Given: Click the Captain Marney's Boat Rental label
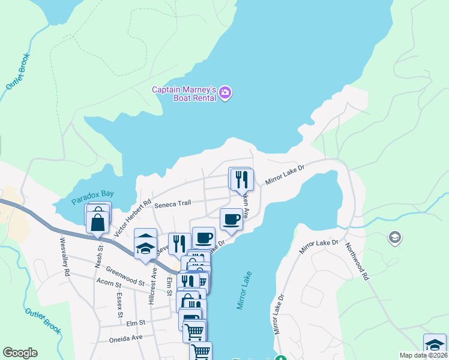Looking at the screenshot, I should point(183,94).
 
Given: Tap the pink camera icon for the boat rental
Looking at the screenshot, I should point(226,92).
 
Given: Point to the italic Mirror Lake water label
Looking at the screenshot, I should point(246,290).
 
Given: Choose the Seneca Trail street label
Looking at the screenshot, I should point(172,203).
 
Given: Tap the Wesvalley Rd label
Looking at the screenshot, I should point(64,257).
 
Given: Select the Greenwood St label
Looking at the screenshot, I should point(125,275).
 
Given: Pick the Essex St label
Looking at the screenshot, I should point(119,306).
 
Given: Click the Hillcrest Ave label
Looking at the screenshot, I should point(153,281).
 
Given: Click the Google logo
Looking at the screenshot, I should point(20,353).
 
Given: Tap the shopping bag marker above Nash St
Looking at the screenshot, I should point(97,221).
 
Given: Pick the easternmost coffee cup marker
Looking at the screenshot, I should point(231,219).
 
